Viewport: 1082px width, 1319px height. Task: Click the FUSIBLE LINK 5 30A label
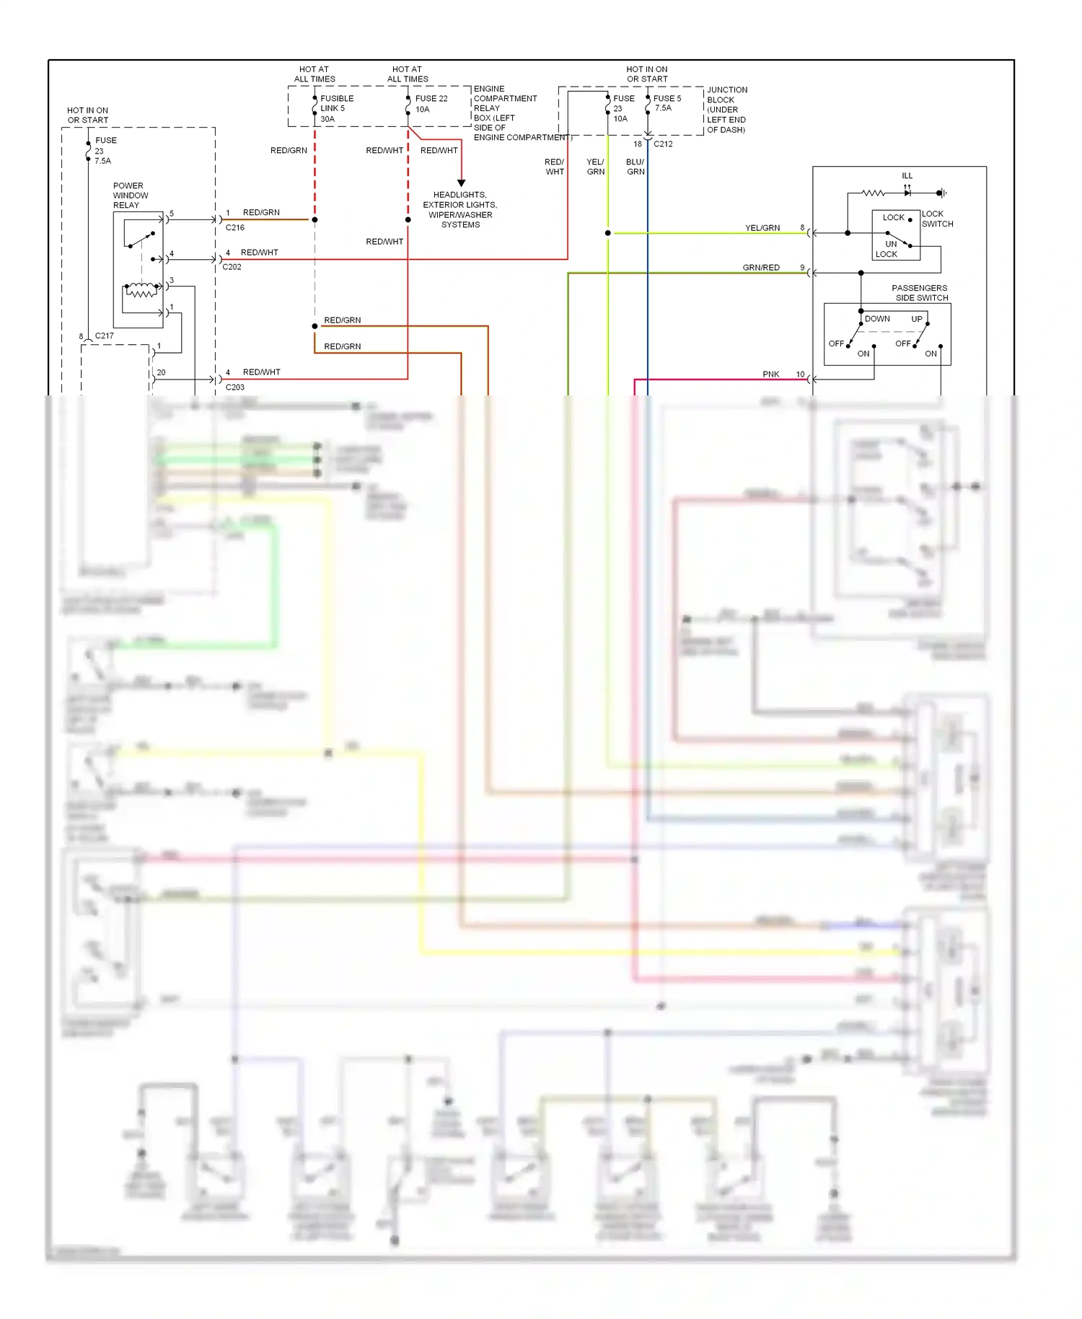click(x=336, y=108)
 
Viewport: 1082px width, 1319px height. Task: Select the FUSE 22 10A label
click(x=431, y=104)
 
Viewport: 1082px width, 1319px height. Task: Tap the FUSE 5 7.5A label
click(x=667, y=103)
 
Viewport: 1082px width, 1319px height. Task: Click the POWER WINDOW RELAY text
click(x=130, y=196)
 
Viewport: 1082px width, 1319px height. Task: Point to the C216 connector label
click(x=234, y=227)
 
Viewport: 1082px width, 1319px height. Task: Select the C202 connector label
click(x=232, y=267)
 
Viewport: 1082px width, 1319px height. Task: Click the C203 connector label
click(x=234, y=387)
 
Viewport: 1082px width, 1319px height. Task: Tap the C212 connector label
click(x=663, y=144)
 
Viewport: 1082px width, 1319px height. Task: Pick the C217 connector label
click(x=104, y=336)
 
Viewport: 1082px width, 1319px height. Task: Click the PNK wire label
click(x=770, y=374)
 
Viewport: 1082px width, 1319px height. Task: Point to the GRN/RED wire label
click(x=761, y=268)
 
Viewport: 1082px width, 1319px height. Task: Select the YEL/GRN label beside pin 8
click(x=762, y=228)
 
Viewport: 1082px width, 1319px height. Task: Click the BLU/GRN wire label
click(x=635, y=167)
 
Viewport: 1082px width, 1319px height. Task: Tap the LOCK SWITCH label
click(x=937, y=219)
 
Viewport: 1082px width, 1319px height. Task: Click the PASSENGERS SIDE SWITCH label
click(x=920, y=293)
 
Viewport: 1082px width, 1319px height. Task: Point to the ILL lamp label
click(x=907, y=176)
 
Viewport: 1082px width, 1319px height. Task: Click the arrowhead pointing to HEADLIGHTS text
click(x=461, y=183)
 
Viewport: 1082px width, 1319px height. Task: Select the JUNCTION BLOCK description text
click(x=726, y=110)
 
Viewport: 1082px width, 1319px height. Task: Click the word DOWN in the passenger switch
click(x=877, y=319)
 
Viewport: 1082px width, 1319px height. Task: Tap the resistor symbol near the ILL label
click(x=873, y=193)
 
